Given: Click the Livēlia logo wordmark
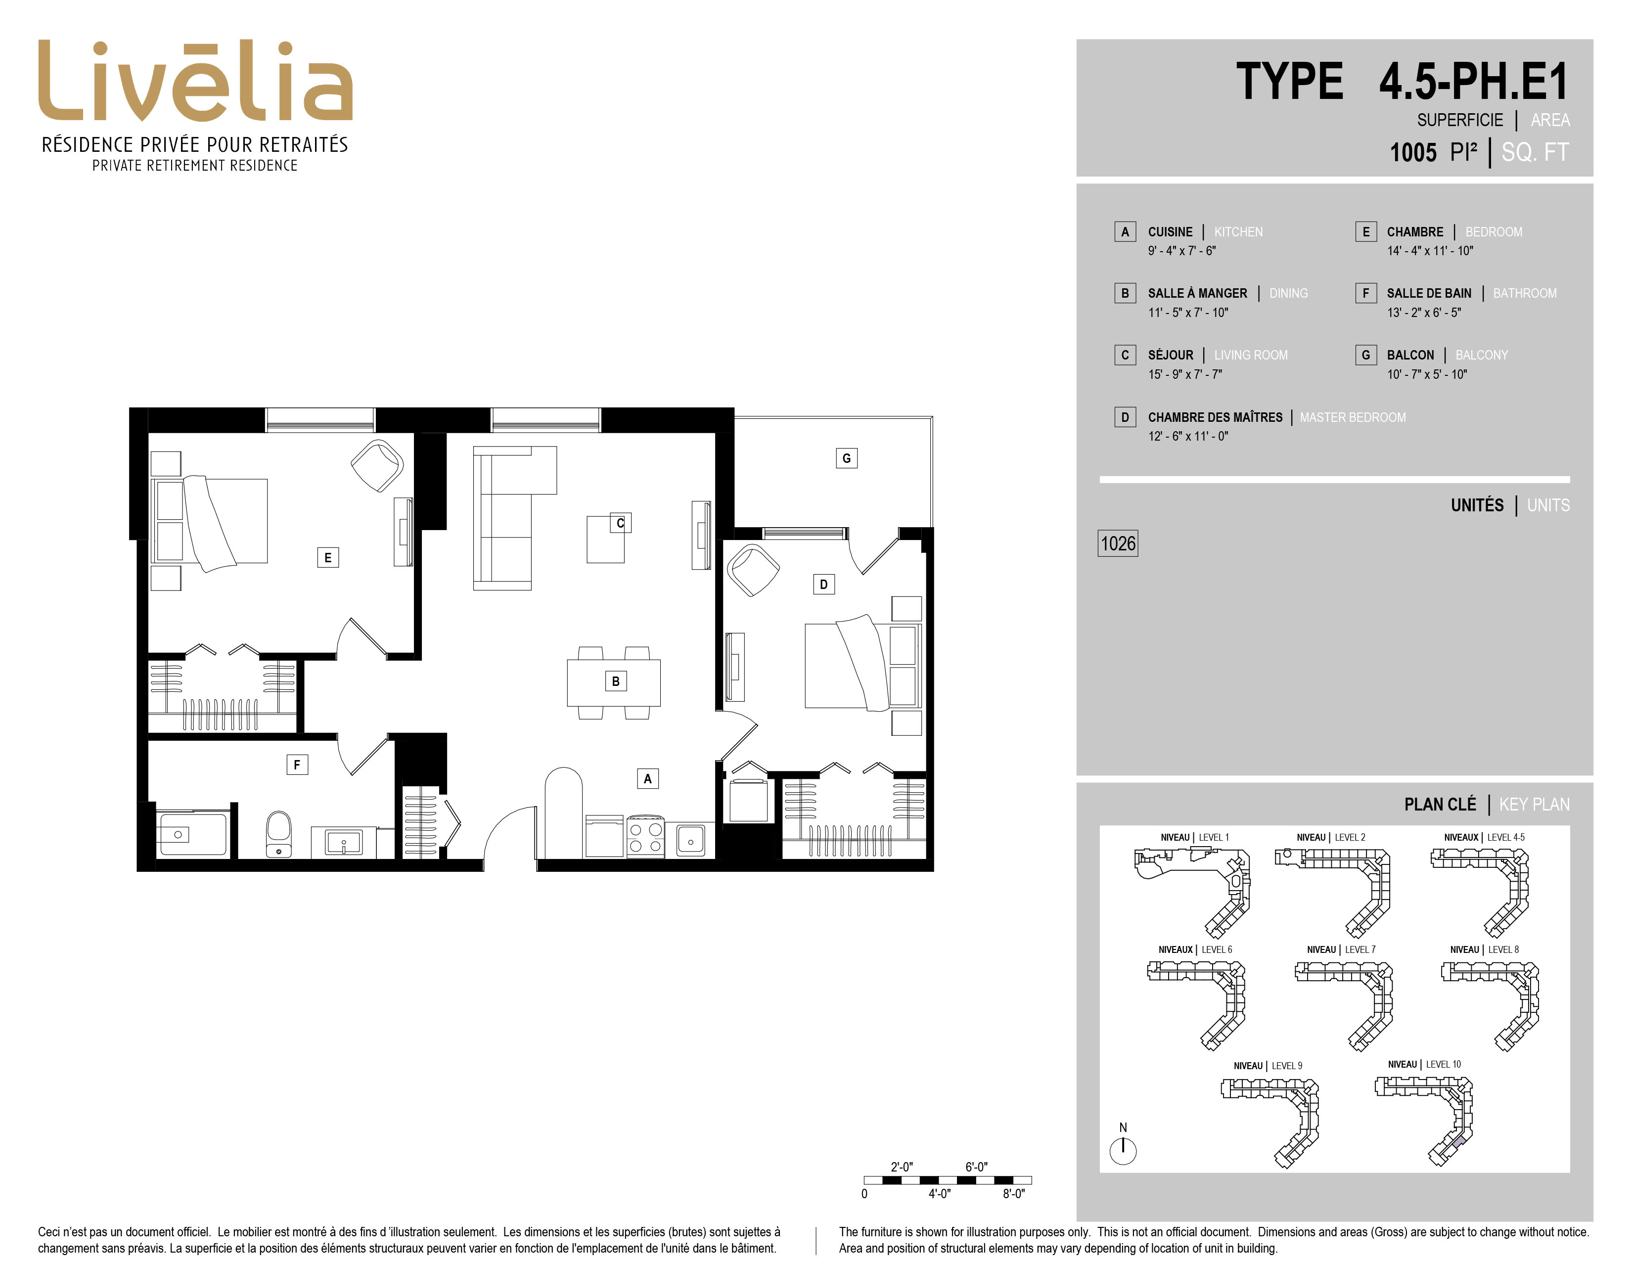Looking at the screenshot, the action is click(195, 81).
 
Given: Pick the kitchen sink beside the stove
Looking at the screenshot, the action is click(690, 840).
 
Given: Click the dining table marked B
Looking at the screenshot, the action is click(614, 682).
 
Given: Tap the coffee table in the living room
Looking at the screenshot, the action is click(606, 539).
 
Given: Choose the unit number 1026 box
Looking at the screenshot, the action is click(1118, 543).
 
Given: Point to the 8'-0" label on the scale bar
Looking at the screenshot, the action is click(1013, 1194).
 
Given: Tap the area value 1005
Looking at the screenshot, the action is click(1412, 152).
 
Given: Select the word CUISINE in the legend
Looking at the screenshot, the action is click(1170, 231).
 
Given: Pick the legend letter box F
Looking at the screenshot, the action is click(1365, 293).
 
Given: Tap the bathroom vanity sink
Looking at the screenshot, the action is click(343, 843).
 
